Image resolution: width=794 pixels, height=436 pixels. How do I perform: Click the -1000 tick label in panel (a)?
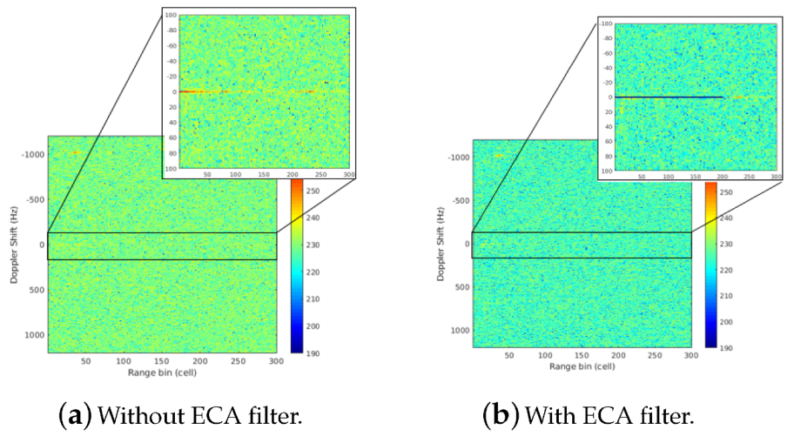click(x=32, y=154)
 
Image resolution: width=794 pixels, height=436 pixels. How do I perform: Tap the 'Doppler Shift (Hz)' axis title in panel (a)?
click(x=14, y=245)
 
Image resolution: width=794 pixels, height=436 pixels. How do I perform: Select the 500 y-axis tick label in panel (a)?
click(x=36, y=290)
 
